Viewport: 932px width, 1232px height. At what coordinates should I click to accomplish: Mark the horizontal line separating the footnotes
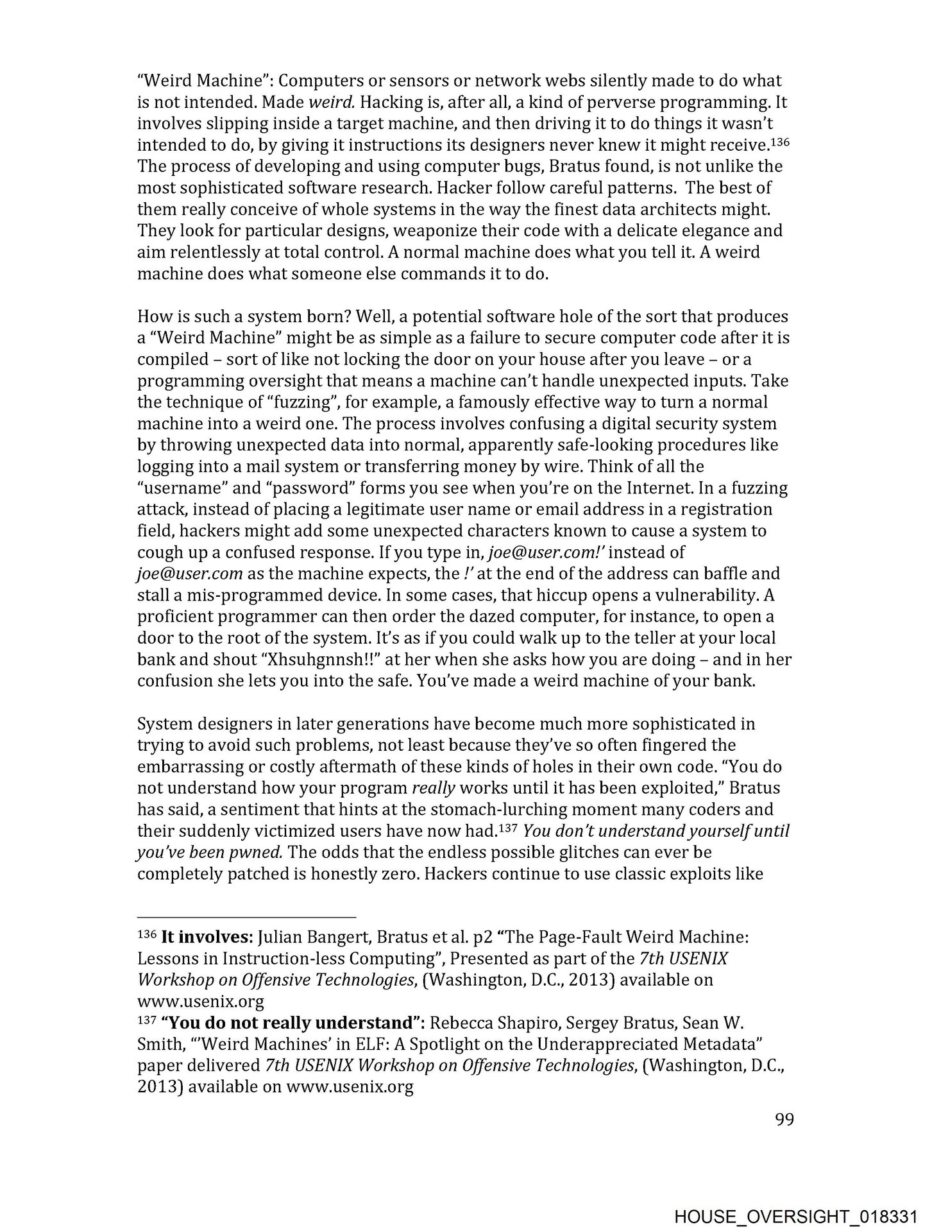[246, 917]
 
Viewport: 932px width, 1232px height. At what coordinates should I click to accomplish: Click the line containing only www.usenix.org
[200, 1002]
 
